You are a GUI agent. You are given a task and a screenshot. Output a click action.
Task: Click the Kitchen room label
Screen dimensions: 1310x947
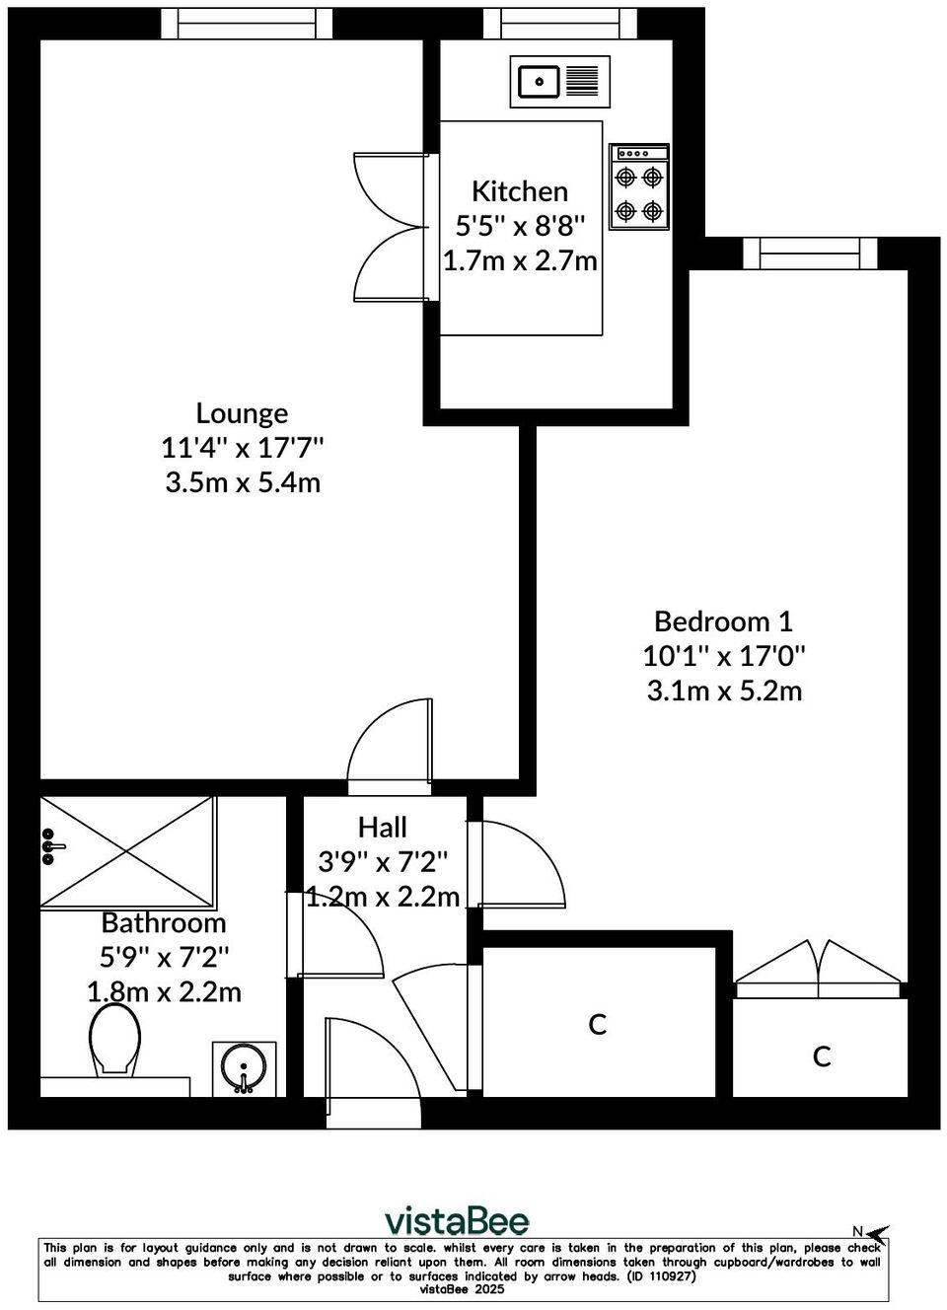point(519,190)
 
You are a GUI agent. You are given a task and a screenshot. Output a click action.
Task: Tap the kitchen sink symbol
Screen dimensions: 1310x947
point(559,81)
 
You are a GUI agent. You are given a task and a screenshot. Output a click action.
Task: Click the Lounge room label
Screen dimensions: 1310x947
point(242,412)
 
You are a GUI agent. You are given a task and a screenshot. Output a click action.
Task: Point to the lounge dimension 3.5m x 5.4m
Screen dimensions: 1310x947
point(242,483)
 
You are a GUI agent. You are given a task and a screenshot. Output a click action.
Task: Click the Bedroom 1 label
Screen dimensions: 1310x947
point(723,620)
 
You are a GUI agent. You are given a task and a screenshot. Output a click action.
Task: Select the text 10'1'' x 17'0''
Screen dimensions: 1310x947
point(723,655)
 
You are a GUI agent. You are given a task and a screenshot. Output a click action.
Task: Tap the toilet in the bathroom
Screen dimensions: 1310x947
point(114,1040)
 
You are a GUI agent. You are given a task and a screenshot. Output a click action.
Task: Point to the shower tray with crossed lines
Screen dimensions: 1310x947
point(127,850)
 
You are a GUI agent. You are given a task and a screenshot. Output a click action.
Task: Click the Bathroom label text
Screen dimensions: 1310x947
point(164,922)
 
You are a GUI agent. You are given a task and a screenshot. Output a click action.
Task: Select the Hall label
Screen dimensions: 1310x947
point(382,827)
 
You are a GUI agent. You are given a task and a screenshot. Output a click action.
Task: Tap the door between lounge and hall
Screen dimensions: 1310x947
point(389,747)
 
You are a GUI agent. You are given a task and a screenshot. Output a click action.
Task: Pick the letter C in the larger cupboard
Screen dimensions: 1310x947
point(597,1025)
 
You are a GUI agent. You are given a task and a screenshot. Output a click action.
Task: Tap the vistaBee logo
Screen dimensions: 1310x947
point(456,1221)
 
